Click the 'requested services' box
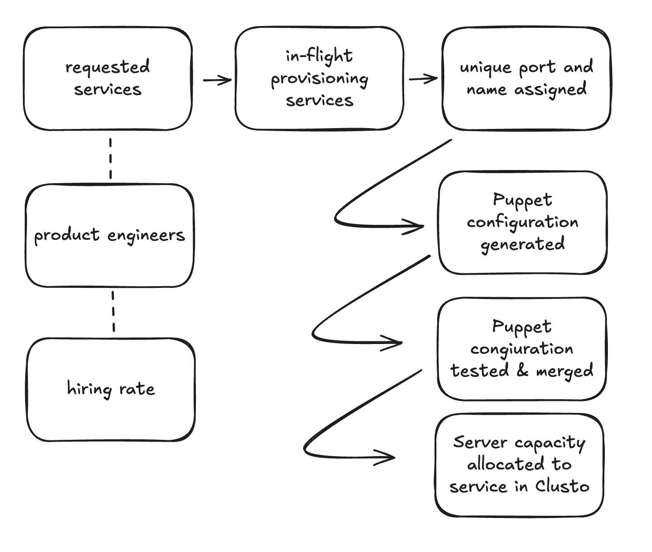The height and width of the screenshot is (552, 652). click(x=108, y=79)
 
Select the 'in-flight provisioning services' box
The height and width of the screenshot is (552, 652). click(x=319, y=79)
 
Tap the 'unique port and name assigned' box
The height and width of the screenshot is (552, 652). click(x=526, y=79)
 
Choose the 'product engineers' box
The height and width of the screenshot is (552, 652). click(x=109, y=235)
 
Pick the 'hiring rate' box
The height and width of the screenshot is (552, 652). click(x=111, y=389)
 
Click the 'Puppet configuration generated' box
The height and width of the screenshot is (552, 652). click(x=522, y=223)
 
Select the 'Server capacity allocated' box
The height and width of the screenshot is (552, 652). click(x=519, y=465)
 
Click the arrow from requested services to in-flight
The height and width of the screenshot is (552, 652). click(x=217, y=80)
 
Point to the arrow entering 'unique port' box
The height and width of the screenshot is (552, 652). click(x=423, y=79)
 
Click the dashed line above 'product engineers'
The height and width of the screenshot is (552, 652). click(x=110, y=158)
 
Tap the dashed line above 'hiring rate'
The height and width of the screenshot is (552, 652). click(x=113, y=311)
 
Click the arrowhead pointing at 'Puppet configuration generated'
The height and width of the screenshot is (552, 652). click(x=417, y=226)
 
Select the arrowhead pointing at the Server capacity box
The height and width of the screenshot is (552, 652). click(x=388, y=457)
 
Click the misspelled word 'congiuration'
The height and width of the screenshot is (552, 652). click(x=521, y=349)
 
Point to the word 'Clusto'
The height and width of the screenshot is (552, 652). click(x=562, y=486)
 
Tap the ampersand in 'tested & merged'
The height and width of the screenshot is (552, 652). click(x=522, y=371)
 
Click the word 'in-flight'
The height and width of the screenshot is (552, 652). click(x=319, y=56)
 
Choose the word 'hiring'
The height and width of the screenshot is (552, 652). click(x=89, y=389)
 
